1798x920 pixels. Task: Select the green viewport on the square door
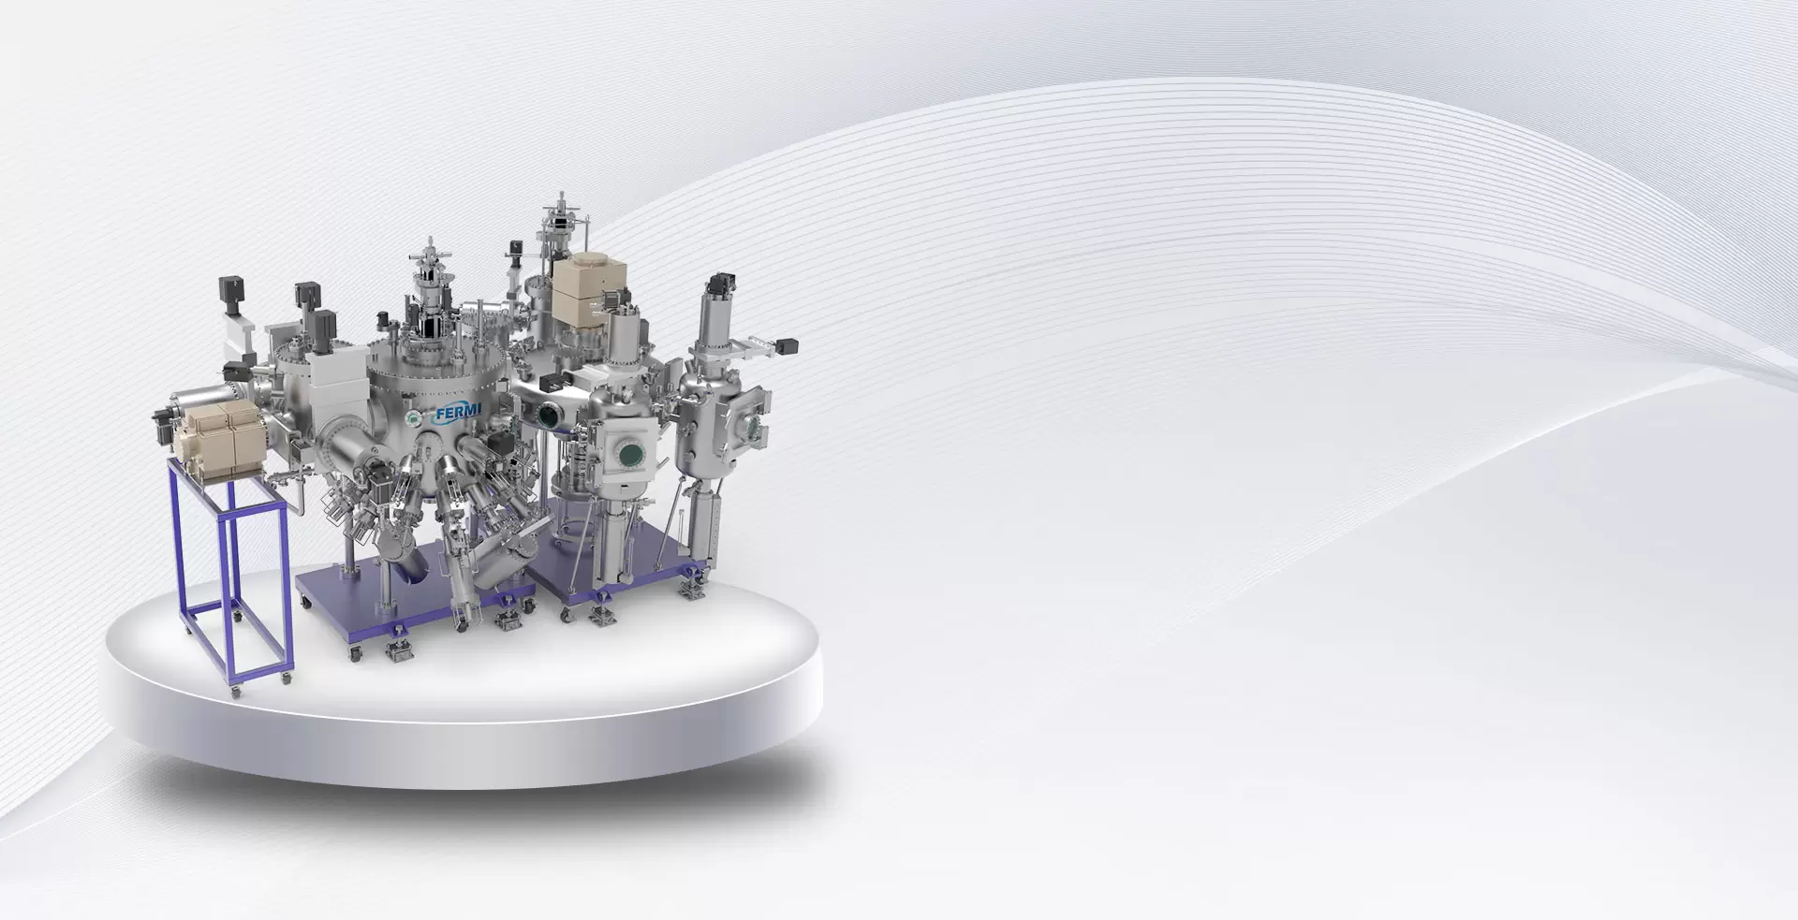(x=630, y=455)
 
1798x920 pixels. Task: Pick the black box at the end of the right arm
(x=787, y=345)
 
